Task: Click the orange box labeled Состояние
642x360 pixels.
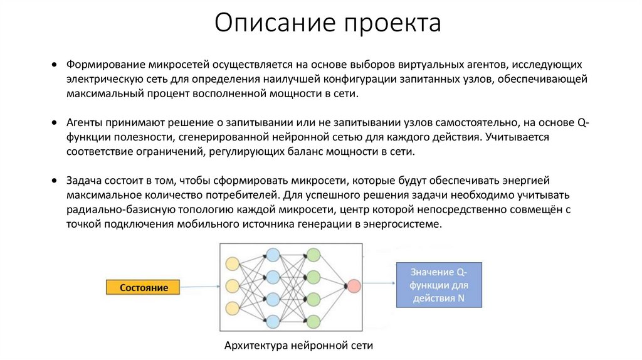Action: tap(144, 287)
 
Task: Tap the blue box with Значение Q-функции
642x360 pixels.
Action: tap(439, 285)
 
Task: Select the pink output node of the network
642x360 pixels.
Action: tap(353, 286)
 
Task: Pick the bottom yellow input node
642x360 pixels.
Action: tap(233, 309)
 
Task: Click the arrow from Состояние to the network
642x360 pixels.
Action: tap(199, 287)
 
